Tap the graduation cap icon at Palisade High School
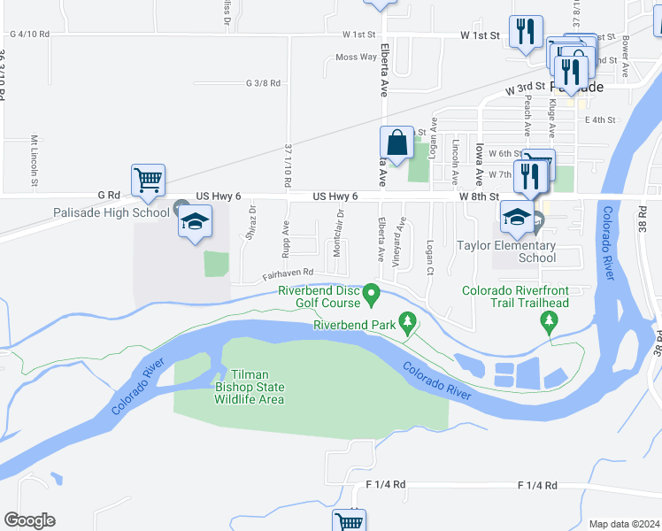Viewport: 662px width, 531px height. point(196,220)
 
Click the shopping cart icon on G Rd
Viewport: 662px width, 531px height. point(148,180)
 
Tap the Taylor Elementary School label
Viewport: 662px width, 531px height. point(506,251)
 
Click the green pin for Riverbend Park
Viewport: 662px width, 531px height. point(408,321)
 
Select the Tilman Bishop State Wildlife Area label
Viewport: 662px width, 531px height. point(249,387)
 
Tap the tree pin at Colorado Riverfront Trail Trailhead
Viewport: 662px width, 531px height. point(550,320)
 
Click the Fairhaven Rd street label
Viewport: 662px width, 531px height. point(288,273)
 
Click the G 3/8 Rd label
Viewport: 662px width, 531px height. point(263,82)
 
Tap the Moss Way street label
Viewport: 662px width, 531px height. point(356,57)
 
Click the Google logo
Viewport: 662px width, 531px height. point(29,520)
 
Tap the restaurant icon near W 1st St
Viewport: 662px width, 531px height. point(527,33)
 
